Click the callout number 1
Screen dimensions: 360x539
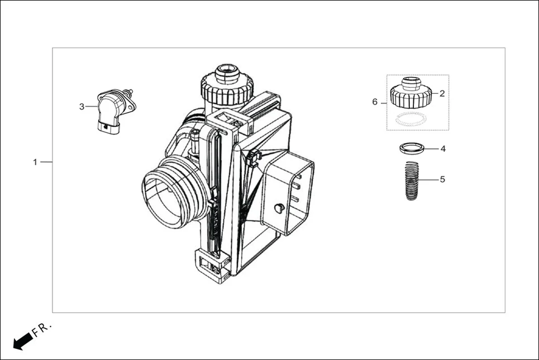tap(35, 162)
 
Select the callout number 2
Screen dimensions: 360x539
tap(442, 94)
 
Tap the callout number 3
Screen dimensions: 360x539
tap(82, 106)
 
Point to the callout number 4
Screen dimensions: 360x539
tap(442, 149)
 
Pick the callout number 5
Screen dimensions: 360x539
tap(442, 180)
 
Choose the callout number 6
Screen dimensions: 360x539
tap(375, 102)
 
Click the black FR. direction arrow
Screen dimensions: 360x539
tap(22, 340)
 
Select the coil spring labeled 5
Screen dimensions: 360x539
tap(412, 180)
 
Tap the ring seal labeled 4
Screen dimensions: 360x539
tap(412, 148)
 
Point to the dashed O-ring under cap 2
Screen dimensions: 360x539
tap(411, 119)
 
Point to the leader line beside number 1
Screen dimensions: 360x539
tap(46, 162)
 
